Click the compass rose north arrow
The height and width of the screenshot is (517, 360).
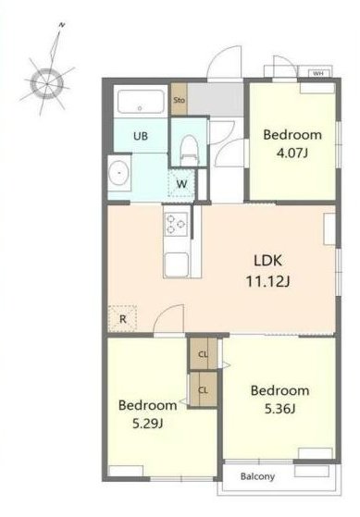[55, 49]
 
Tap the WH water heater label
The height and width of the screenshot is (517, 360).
[317, 73]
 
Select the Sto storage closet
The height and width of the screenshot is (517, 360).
[180, 99]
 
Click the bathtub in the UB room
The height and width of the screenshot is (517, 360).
[141, 101]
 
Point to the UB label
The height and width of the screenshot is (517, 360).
[141, 136]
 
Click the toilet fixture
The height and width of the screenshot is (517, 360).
[190, 150]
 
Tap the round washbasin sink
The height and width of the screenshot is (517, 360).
[118, 173]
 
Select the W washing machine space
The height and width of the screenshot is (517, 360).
[181, 183]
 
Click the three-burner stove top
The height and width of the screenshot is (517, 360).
[176, 224]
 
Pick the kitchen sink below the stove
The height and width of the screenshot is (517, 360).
[177, 265]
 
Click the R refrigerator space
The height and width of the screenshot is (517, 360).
[122, 318]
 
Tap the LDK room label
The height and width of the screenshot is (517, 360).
[268, 261]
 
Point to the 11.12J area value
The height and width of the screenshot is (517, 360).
[268, 281]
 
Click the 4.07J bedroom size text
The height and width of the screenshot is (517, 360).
[292, 153]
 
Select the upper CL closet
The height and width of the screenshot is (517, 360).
[203, 354]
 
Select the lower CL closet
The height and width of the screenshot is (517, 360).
[204, 389]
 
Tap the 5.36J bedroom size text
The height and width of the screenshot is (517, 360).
[279, 409]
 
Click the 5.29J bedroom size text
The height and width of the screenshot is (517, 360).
[147, 424]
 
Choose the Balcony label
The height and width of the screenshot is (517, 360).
[257, 476]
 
